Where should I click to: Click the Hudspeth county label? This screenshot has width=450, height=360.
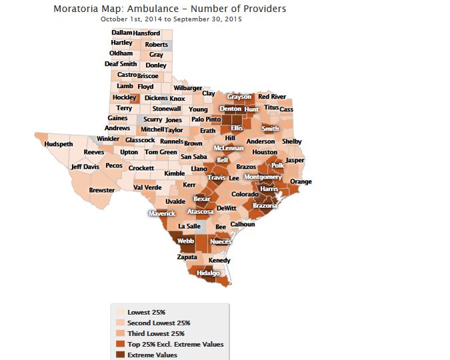click(x=58, y=144)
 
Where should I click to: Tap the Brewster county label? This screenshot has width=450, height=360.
click(x=102, y=190)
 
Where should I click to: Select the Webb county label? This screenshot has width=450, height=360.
click(x=185, y=241)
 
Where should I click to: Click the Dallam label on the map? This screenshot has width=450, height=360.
click(x=121, y=33)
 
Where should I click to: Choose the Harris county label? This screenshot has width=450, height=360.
click(x=269, y=189)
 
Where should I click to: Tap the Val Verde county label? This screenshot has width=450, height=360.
click(x=148, y=187)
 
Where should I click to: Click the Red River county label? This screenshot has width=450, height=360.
click(x=272, y=97)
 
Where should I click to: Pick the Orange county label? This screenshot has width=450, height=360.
click(x=301, y=182)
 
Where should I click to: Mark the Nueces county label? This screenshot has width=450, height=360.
click(x=220, y=241)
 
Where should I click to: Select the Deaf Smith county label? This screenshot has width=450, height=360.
click(x=121, y=64)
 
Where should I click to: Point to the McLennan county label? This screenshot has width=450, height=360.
click(x=228, y=148)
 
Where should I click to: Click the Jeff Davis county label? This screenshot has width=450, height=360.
click(x=85, y=167)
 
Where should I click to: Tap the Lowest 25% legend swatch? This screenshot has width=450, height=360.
click(x=121, y=312)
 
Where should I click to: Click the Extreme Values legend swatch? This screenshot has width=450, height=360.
click(x=121, y=355)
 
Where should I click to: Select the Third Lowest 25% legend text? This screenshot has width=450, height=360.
click(x=156, y=333)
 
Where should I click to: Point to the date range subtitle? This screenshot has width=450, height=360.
click(x=171, y=19)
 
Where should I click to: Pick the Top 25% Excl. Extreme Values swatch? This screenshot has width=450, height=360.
click(x=121, y=344)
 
